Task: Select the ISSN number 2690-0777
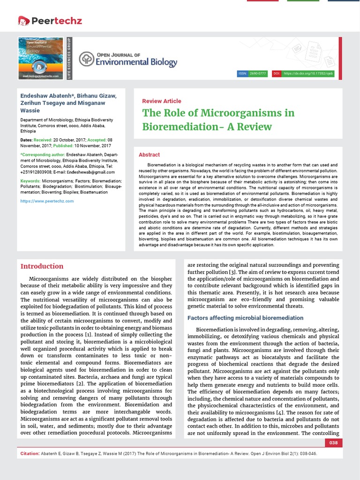point(258,74)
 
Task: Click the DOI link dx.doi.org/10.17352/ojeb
point(307,74)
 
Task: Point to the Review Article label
point(161,101)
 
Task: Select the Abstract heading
point(149,155)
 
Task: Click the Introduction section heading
point(42,266)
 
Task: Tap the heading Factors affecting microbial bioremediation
point(245,318)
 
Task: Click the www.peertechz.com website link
point(47,201)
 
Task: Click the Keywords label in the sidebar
point(30,181)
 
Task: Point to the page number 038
point(334,443)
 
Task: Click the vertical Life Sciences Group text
point(69,59)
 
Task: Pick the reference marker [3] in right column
point(232,272)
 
